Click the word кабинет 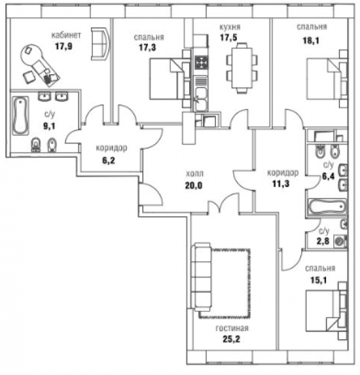[x=66, y=35]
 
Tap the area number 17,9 [x=64, y=46]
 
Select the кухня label [x=230, y=27]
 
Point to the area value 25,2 [x=231, y=339]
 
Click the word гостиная [x=232, y=329]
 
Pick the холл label [x=194, y=174]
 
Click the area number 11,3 [x=281, y=183]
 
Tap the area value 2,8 [x=323, y=242]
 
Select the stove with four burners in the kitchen [x=201, y=62]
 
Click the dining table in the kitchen [x=242, y=68]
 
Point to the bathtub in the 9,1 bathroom [x=20, y=116]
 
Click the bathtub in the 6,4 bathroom [x=327, y=206]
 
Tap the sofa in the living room [x=201, y=277]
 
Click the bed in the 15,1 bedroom [x=327, y=311]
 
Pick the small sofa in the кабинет [x=101, y=43]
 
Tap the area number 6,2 [x=109, y=161]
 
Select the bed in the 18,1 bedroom [x=327, y=79]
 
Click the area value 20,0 [x=194, y=185]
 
